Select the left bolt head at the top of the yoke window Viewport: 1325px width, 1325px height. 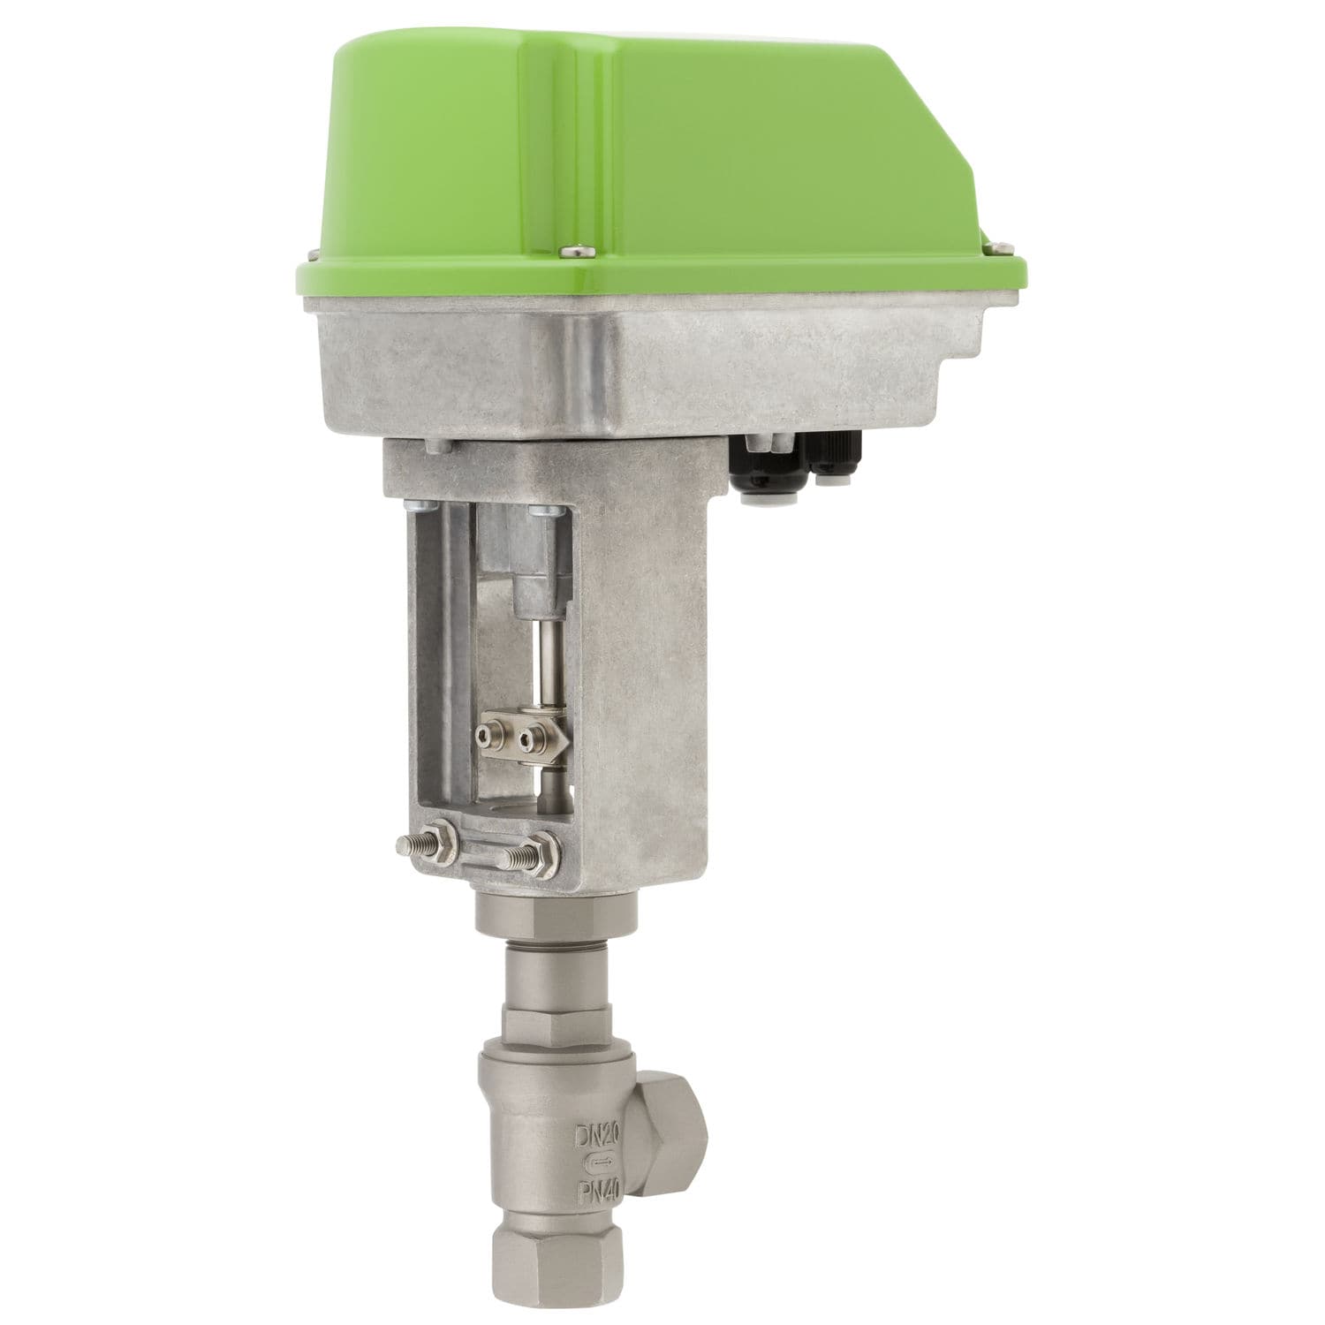click(416, 507)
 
